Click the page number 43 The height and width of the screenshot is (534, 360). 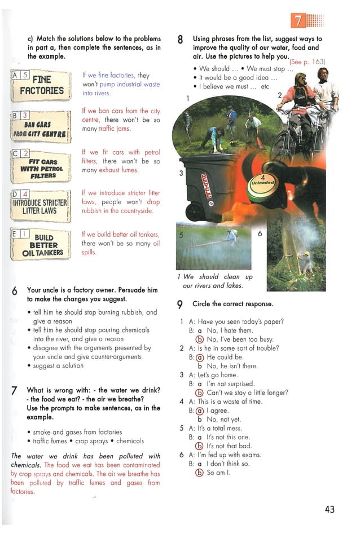point(330,509)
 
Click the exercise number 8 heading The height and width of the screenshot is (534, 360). point(180,39)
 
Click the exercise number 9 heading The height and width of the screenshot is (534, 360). point(179,304)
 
